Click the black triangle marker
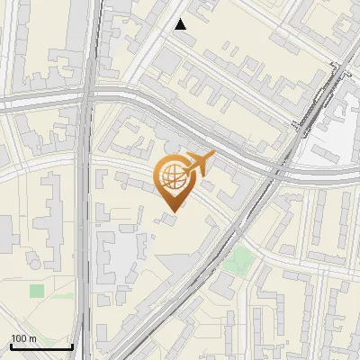181,24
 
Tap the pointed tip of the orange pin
171,212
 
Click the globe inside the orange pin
170,176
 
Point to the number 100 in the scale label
19,338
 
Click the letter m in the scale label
32,338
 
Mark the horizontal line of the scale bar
40,346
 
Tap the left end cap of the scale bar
10,345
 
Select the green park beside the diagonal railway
238,261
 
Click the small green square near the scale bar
37,291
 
